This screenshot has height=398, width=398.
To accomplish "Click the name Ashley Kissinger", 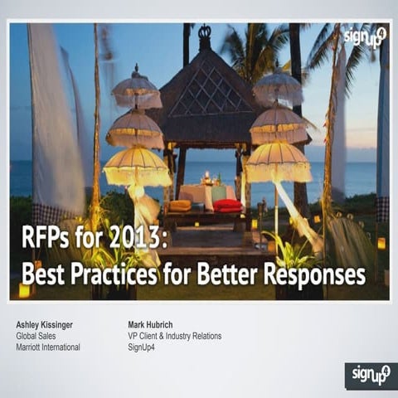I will [x=45, y=323].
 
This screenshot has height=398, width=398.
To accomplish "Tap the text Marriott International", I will [x=48, y=347].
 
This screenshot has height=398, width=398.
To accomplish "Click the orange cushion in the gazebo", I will [x=180, y=206].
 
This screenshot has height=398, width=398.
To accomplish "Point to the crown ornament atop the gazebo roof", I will [x=204, y=35].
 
